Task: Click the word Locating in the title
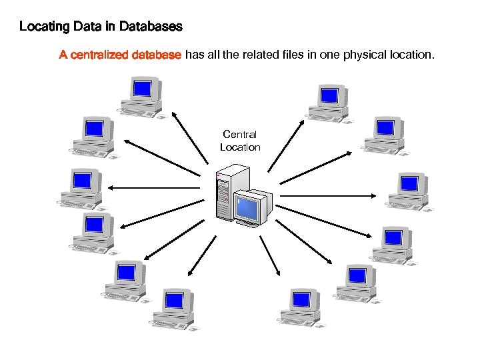[x=42, y=27]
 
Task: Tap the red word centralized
[x=99, y=55]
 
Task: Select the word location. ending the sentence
[x=411, y=55]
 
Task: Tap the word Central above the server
[x=239, y=135]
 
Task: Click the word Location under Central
[x=240, y=147]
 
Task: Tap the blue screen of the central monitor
[x=249, y=208]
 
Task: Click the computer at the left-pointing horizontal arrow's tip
[x=81, y=189]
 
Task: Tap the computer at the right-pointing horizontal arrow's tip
[x=408, y=192]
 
